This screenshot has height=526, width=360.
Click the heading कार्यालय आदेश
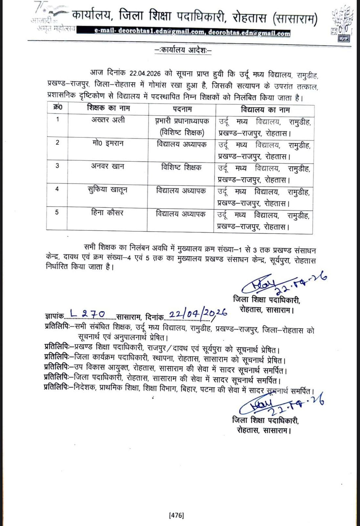(183, 50)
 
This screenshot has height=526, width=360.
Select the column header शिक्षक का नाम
(108, 108)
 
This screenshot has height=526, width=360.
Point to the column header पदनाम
(182, 109)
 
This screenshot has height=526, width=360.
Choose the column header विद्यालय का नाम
(265, 109)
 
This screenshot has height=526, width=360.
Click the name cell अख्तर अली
(108, 120)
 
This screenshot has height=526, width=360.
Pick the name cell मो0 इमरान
(108, 143)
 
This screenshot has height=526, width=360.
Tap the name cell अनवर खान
(107, 166)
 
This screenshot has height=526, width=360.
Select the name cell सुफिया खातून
(107, 190)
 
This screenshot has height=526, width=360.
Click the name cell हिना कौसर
(107, 213)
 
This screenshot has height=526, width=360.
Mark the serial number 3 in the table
(57, 166)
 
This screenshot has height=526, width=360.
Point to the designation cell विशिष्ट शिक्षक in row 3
(181, 167)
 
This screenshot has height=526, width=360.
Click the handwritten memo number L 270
(87, 314)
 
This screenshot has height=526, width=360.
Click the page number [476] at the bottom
(177, 515)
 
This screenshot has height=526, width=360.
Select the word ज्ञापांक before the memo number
(54, 317)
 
